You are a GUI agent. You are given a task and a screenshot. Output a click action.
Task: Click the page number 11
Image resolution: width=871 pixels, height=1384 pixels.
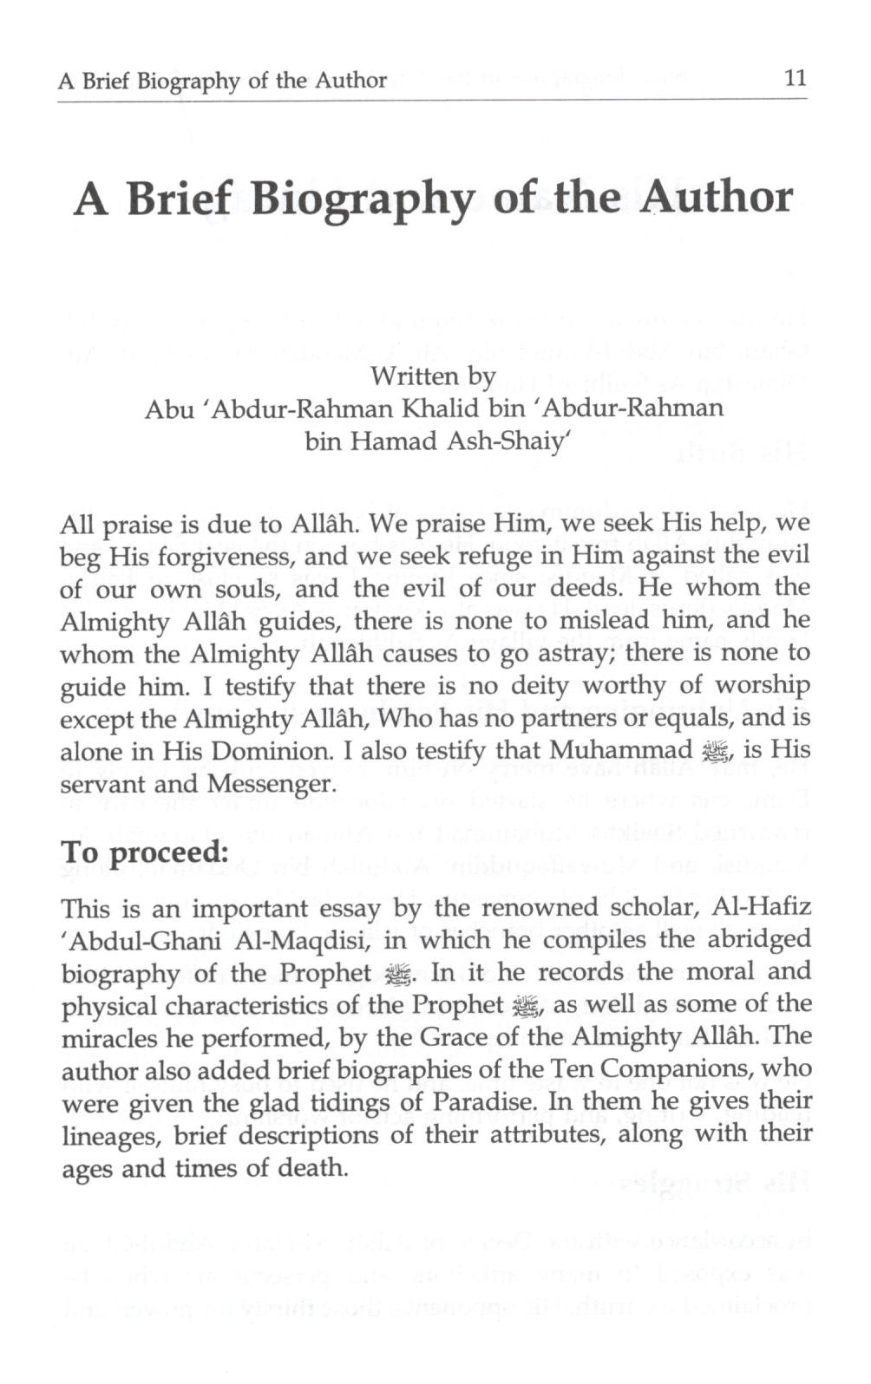coord(795,79)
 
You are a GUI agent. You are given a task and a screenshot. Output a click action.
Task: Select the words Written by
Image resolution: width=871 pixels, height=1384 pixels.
coord(433,376)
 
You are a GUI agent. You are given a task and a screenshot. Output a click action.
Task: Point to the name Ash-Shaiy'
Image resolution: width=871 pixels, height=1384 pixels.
coord(508,441)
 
